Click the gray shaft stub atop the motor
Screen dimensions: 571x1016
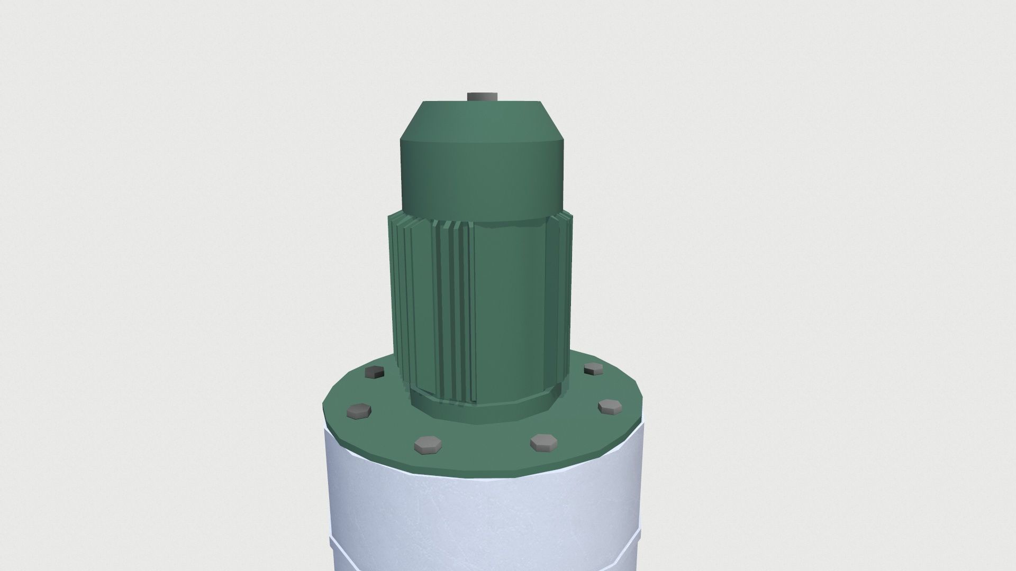(480, 97)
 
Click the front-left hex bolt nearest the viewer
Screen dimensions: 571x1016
(428, 445)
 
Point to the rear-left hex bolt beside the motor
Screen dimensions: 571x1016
(375, 372)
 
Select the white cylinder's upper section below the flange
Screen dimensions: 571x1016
(484, 508)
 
